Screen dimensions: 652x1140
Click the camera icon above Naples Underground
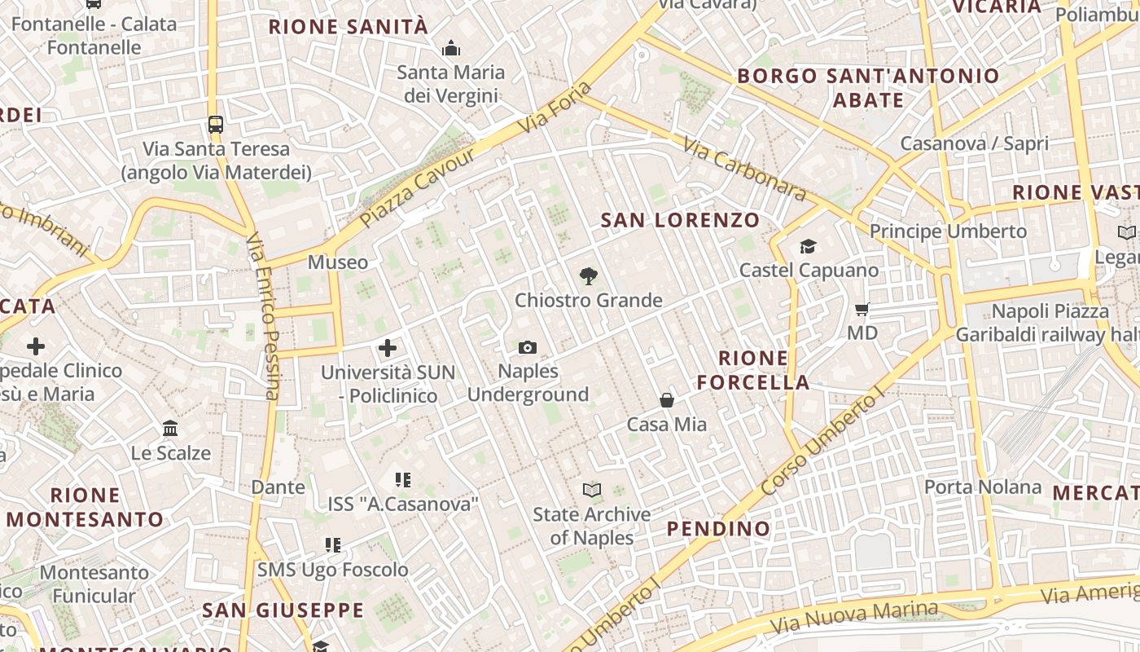(x=528, y=348)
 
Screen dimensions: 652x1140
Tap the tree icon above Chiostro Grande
(x=588, y=277)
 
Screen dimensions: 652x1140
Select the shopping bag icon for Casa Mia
(x=667, y=400)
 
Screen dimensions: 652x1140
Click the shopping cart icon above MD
(x=862, y=310)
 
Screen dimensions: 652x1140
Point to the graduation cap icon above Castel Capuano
(x=808, y=246)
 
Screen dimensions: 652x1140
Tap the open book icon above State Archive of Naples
(x=592, y=491)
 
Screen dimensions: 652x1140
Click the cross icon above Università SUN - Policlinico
(x=388, y=349)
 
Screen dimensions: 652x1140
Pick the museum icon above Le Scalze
(x=170, y=429)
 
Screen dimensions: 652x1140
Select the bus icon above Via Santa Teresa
(x=216, y=125)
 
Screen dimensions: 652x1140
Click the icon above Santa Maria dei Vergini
(x=451, y=49)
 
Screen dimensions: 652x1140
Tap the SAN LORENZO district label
(x=680, y=220)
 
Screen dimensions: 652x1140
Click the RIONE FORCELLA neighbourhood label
(x=753, y=370)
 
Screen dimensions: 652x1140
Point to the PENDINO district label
(x=718, y=529)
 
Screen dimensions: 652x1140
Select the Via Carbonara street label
(x=744, y=170)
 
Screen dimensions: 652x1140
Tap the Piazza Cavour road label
(x=417, y=188)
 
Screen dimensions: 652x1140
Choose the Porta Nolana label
(x=982, y=487)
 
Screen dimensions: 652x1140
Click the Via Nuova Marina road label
(x=854, y=618)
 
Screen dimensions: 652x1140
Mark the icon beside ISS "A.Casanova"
(x=403, y=480)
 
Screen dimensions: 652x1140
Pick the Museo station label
(x=338, y=262)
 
